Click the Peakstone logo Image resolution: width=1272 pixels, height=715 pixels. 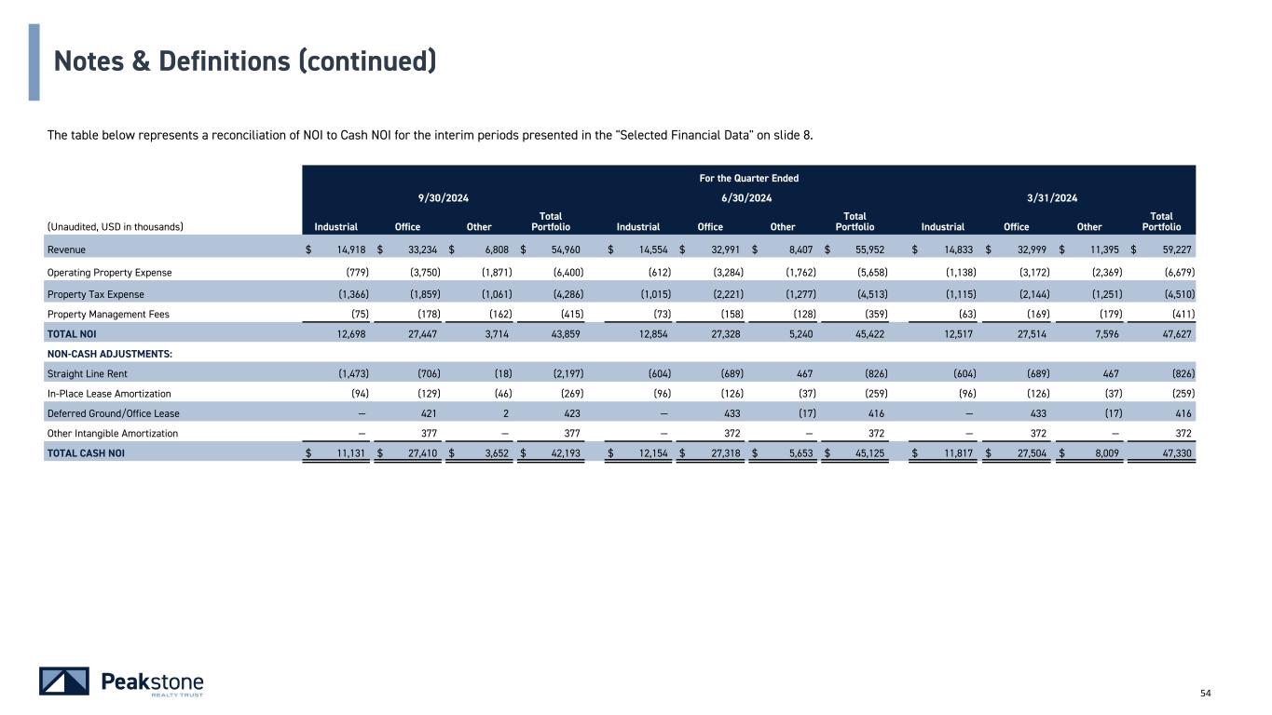point(121,681)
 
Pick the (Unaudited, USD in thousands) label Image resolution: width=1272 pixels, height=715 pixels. point(115,226)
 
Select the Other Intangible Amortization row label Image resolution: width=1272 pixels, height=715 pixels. point(112,433)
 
